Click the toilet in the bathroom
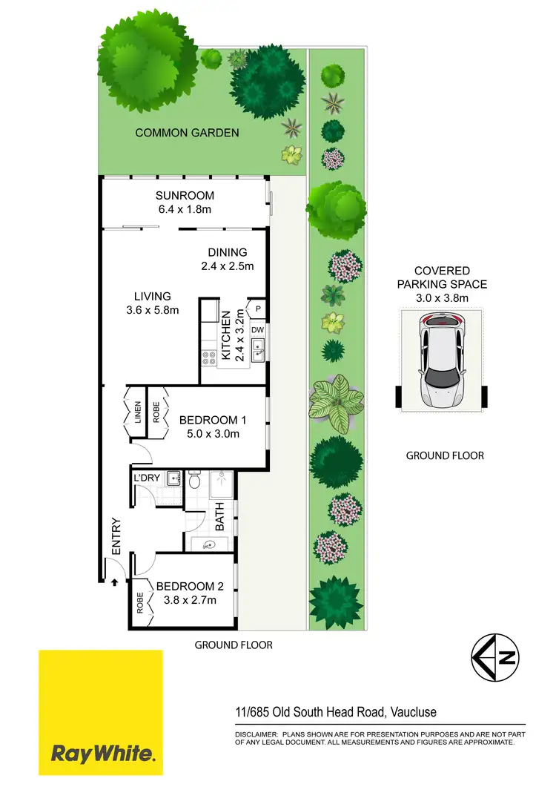click(195, 481)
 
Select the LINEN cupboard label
click(138, 412)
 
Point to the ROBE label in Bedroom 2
click(140, 601)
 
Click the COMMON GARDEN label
click(187, 133)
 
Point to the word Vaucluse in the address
click(413, 712)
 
